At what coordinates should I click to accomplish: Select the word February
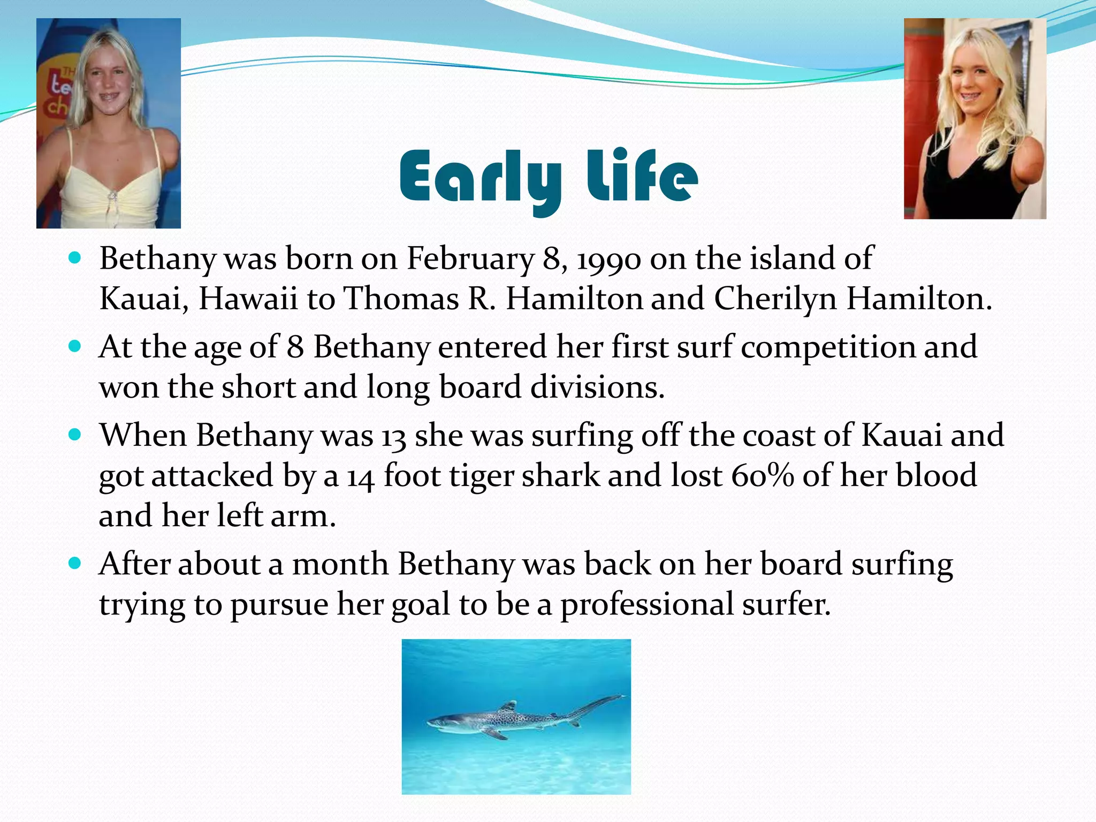[470, 259]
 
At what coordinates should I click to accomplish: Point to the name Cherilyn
[775, 299]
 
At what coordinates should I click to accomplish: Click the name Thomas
[401, 298]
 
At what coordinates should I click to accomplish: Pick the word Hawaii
[248, 299]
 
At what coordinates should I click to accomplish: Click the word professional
[647, 605]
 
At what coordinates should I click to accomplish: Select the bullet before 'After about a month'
[75, 564]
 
